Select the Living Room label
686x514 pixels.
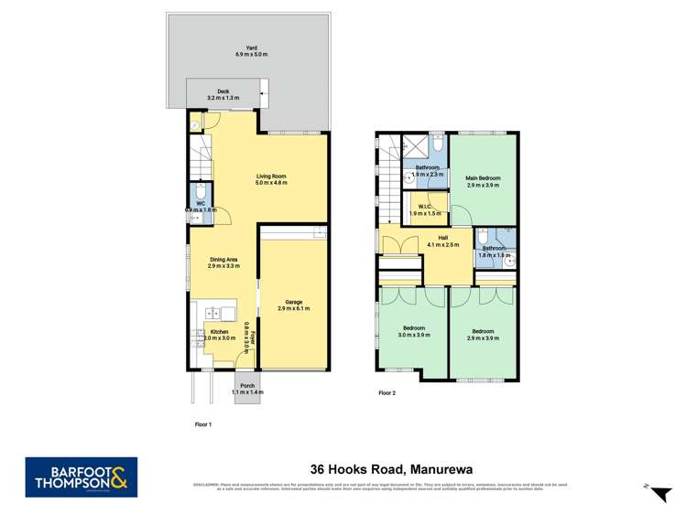[271, 178]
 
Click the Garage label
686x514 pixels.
[293, 305]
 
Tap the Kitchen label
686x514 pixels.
[219, 334]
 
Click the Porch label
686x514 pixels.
[247, 388]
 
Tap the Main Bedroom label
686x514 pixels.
[484, 181]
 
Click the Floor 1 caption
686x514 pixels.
[203, 425]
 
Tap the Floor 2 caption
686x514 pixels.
[388, 392]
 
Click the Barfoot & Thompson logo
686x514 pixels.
[82, 477]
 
